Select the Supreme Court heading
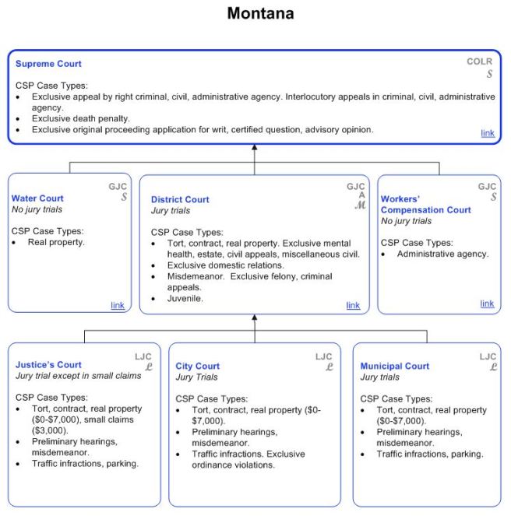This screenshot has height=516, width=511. [48, 64]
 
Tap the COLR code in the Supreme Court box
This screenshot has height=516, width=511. [479, 61]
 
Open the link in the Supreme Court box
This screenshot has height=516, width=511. [487, 133]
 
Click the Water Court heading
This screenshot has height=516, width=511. [37, 198]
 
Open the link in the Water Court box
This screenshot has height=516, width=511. [117, 305]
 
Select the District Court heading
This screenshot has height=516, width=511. [180, 199]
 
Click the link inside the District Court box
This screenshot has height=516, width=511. [353, 305]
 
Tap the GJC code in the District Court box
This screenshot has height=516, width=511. [355, 187]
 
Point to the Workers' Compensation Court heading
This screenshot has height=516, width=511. [425, 205]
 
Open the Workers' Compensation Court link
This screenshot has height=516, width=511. [487, 304]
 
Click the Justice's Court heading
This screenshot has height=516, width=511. [48, 364]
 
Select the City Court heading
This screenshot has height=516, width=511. [198, 366]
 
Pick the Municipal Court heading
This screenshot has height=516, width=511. [394, 366]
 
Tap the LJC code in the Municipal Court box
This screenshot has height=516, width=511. [488, 356]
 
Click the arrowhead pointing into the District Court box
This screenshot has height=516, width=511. [255, 318]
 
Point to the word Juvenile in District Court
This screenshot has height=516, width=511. [185, 298]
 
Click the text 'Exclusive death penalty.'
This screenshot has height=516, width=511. [80, 118]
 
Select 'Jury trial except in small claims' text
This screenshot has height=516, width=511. [79, 376]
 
